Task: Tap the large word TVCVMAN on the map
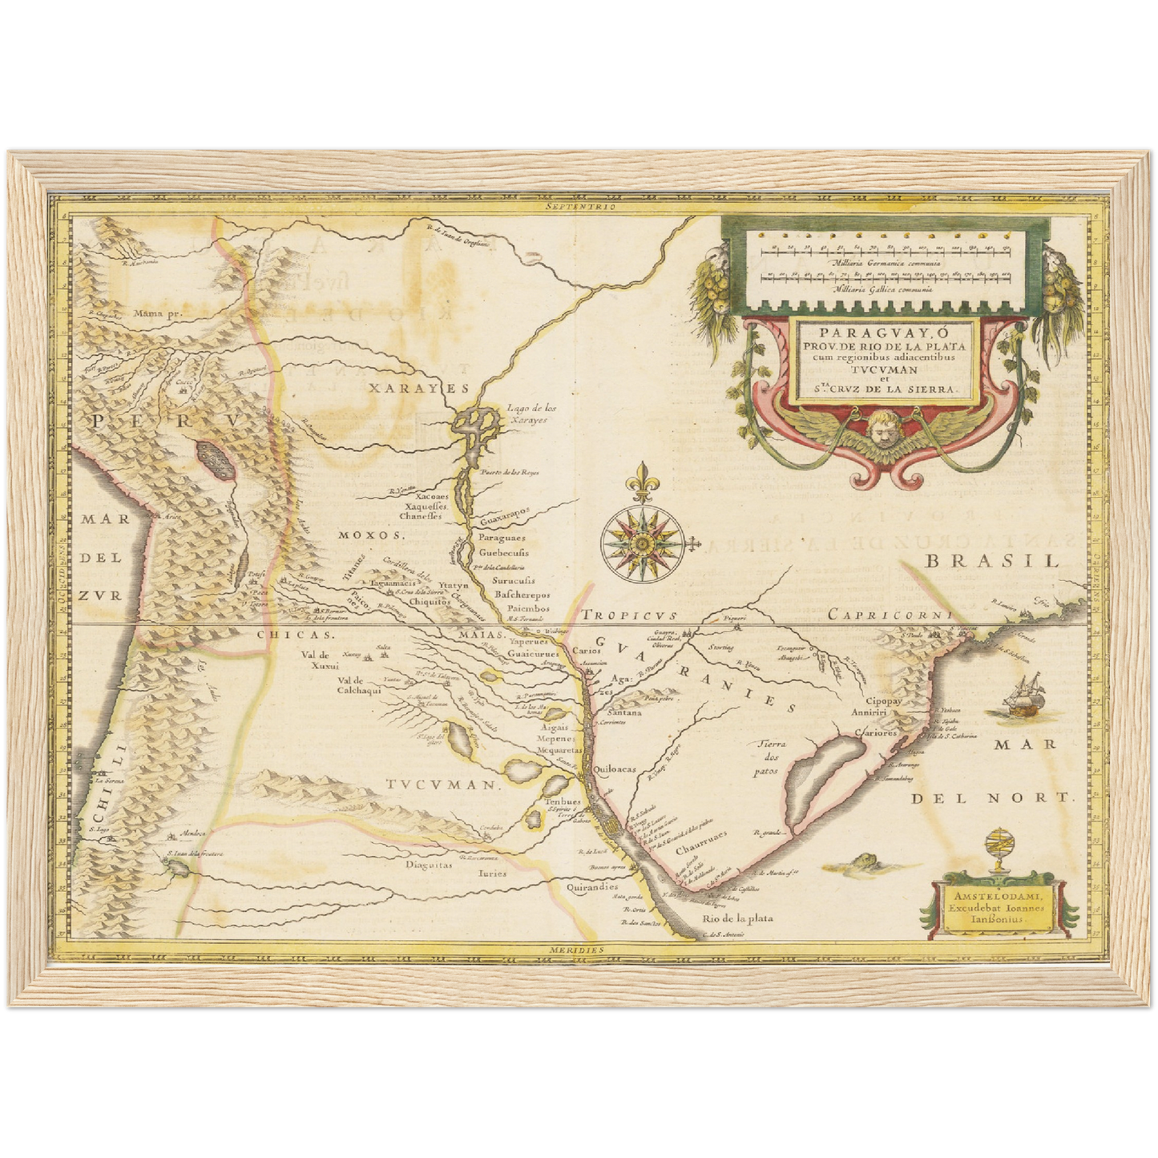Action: point(441,786)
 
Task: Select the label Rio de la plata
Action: point(737,919)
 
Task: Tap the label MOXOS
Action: point(368,535)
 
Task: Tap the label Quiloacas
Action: point(615,769)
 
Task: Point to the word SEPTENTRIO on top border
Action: point(577,207)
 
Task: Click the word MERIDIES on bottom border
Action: point(576,949)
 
